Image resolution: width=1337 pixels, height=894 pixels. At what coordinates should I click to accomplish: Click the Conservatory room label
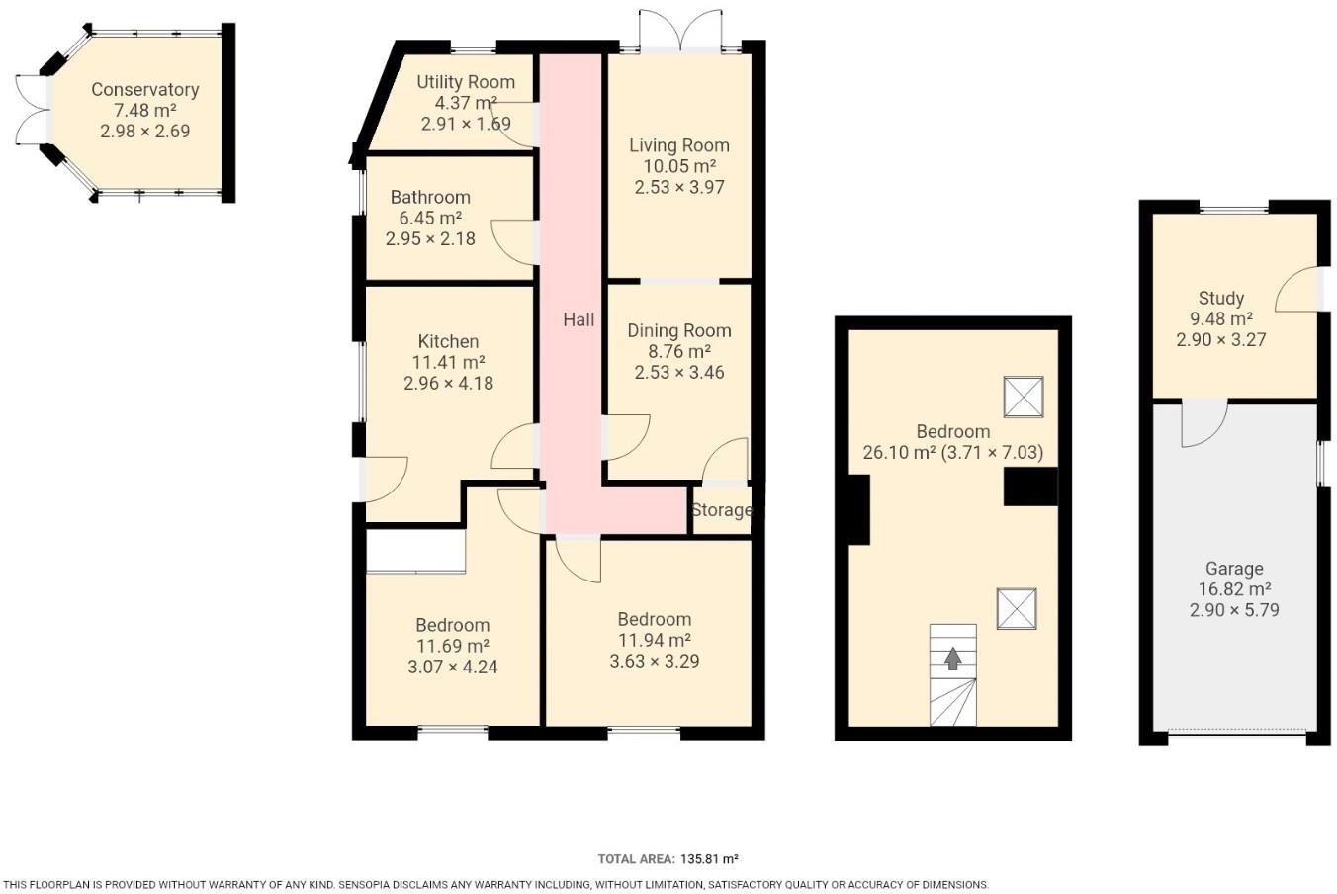(x=144, y=89)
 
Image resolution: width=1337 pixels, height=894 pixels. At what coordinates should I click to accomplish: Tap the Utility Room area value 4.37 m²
(x=466, y=103)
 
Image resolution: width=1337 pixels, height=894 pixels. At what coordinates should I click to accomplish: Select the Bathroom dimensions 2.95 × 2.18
(x=430, y=238)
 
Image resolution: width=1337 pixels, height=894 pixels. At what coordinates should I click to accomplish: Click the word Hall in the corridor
(x=579, y=319)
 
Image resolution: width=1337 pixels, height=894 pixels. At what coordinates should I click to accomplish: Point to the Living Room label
(x=679, y=145)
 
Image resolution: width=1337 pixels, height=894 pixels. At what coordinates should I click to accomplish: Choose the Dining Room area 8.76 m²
(x=678, y=351)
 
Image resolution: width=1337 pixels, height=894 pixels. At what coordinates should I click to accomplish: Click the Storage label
(x=721, y=510)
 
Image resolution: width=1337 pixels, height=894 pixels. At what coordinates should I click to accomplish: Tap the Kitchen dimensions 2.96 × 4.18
(x=448, y=383)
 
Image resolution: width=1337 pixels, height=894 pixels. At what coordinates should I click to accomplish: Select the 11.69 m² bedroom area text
(x=452, y=646)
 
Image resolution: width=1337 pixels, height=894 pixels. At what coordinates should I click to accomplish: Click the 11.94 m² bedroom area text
(x=654, y=641)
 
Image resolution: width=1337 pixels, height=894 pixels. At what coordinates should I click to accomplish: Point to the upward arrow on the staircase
(x=952, y=658)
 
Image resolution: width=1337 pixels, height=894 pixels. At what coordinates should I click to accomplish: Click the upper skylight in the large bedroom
(x=1024, y=397)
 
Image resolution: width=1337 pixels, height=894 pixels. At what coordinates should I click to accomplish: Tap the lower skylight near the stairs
(x=1017, y=608)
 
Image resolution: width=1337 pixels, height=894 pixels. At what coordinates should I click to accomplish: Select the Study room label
(x=1220, y=298)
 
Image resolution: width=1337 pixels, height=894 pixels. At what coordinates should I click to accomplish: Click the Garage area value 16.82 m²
(x=1233, y=589)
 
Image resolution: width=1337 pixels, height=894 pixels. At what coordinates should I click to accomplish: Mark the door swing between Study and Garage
(x=1203, y=422)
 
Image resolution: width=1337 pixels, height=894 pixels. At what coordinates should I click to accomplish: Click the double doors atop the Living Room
(x=680, y=30)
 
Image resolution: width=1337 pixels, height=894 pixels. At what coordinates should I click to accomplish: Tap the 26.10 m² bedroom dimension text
(x=953, y=453)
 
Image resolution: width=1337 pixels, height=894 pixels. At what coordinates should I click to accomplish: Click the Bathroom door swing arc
(x=512, y=243)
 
